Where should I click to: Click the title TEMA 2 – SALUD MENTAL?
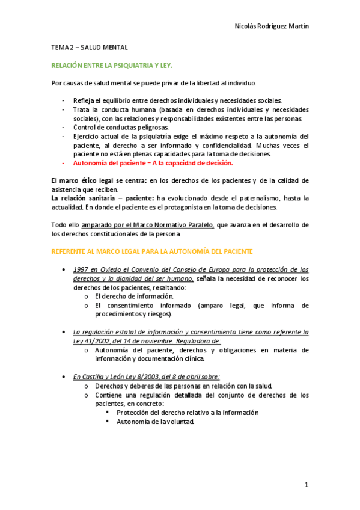pyautogui.click(x=89, y=47)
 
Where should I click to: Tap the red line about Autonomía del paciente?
pyautogui.click(x=153, y=163)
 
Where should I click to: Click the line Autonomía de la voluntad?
pyautogui.click(x=155, y=422)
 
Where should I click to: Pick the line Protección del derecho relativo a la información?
pyautogui.click(x=188, y=413)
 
